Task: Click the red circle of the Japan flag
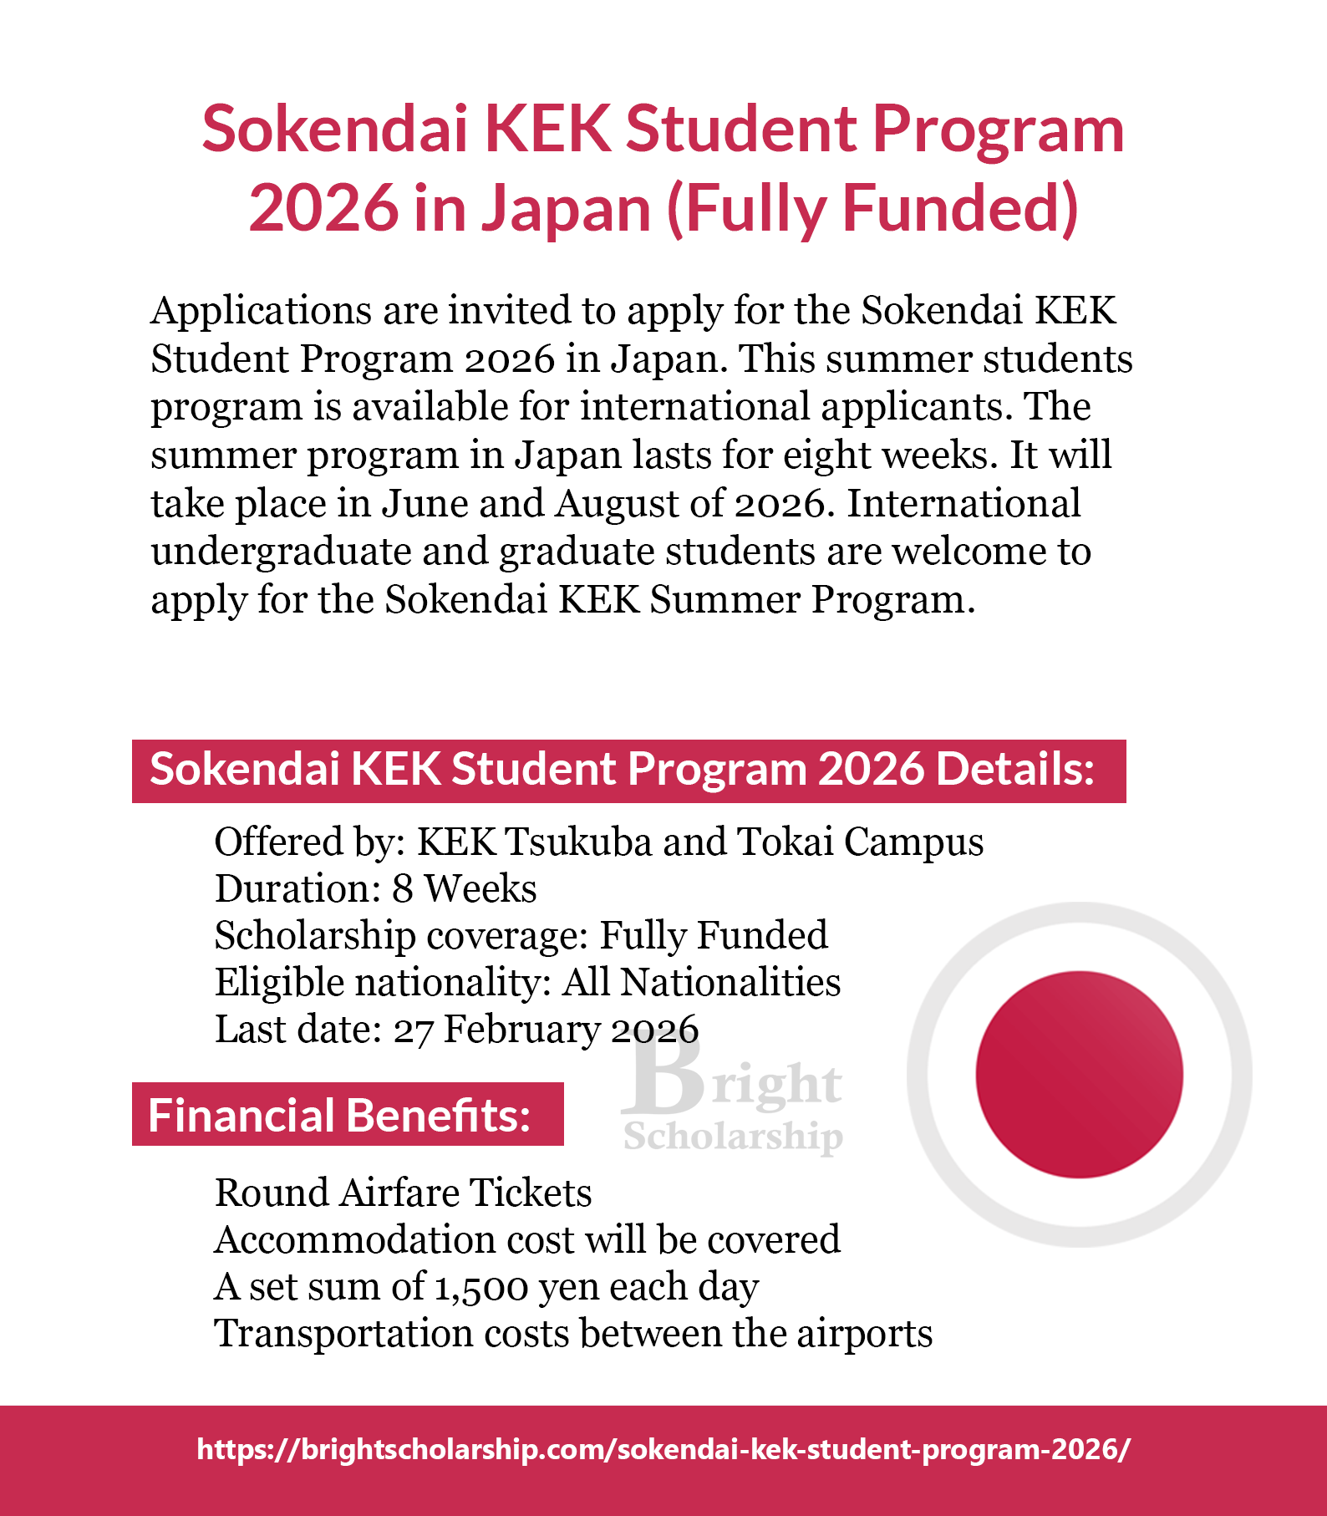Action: (1079, 1075)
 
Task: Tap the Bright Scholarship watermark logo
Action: (733, 1101)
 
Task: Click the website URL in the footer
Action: (663, 1448)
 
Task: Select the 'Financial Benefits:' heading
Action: (339, 1115)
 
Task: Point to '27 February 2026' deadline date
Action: (546, 1030)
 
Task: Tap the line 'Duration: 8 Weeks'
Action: (375, 888)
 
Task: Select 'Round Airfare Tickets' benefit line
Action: (403, 1193)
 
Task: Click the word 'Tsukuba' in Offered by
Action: (578, 842)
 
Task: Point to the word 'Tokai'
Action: (785, 842)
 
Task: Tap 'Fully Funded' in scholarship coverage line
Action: (714, 936)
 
